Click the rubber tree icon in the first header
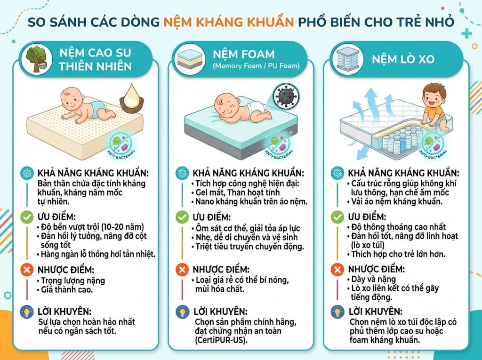[36, 59]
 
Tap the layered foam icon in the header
[188, 59]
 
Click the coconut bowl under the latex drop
[132, 105]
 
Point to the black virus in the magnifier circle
[285, 96]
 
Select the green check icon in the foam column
[182, 217]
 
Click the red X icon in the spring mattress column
[337, 270]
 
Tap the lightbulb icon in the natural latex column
[27, 312]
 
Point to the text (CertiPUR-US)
[221, 340]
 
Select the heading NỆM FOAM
[244, 55]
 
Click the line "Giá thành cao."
[67, 289]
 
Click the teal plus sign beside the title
[466, 33]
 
